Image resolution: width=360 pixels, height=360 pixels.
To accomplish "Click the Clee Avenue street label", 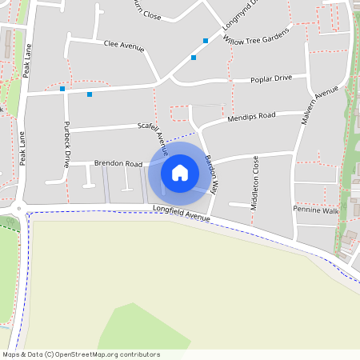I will [x=124, y=46].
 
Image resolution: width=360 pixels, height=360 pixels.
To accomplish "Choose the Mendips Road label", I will [x=251, y=116].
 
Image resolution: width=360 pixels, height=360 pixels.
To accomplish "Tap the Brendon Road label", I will [x=118, y=163].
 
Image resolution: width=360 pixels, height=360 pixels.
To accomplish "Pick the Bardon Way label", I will [x=211, y=170].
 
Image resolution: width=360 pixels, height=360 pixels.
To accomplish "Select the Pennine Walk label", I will [x=316, y=210].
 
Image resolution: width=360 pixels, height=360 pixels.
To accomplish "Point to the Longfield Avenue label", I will [x=182, y=214].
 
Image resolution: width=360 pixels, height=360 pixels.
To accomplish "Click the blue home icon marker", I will [x=180, y=172].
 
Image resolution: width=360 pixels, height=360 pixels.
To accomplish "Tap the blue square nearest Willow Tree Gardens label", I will [x=206, y=40].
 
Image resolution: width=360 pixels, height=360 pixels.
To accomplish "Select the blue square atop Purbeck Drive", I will [x=62, y=89].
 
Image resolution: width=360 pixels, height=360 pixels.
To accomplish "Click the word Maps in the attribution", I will [x=12, y=354].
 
